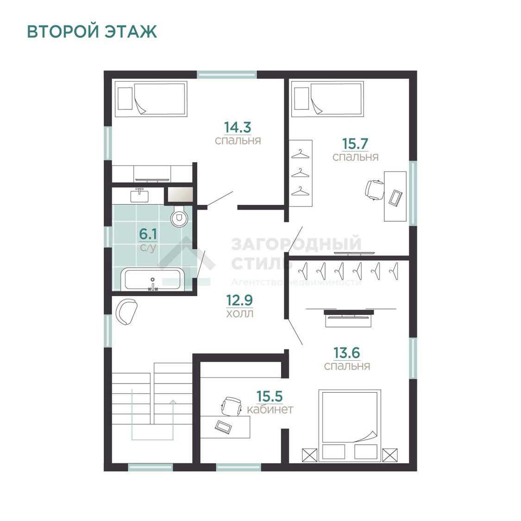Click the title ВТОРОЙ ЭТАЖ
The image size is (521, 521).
pyautogui.click(x=92, y=31)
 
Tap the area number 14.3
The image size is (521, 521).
pyautogui.click(x=238, y=127)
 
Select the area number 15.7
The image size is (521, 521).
pyautogui.click(x=355, y=144)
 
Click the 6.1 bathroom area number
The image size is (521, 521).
pyautogui.click(x=148, y=234)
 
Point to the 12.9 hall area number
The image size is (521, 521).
pyautogui.click(x=239, y=301)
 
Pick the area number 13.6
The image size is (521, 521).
pyautogui.click(x=346, y=353)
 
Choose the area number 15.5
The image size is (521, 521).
pyautogui.click(x=270, y=396)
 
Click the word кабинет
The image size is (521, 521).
pyautogui.click(x=270, y=409)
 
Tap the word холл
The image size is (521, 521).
pyautogui.click(x=239, y=314)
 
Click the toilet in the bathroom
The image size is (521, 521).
pyautogui.click(x=179, y=217)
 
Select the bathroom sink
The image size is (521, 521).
pyautogui.click(x=139, y=195)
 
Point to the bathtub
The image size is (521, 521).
pyautogui.click(x=153, y=279)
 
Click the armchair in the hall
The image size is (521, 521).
pyautogui.click(x=126, y=312)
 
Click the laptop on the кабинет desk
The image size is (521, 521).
pyautogui.click(x=223, y=427)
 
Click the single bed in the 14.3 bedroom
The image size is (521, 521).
pyautogui.click(x=151, y=99)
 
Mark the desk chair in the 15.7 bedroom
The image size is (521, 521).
pyautogui.click(x=375, y=190)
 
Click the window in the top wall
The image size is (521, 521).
pyautogui.click(x=227, y=75)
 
